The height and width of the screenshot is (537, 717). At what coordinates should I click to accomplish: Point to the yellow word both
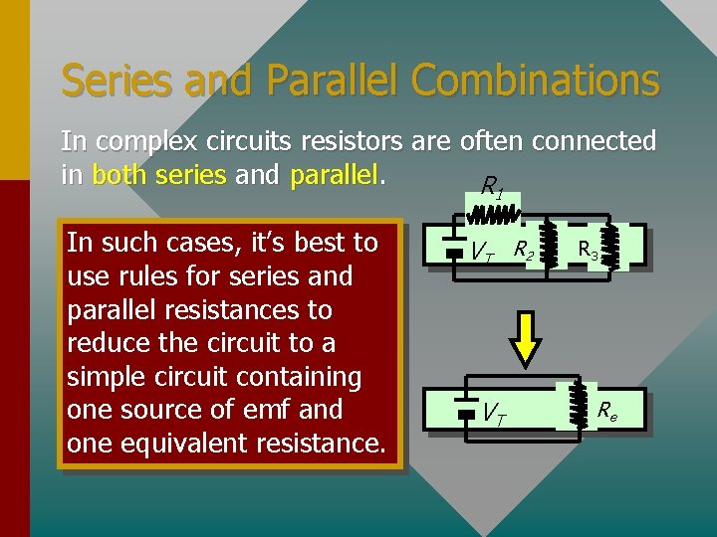click(x=118, y=176)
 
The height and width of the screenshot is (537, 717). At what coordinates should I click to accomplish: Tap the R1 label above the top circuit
click(x=492, y=186)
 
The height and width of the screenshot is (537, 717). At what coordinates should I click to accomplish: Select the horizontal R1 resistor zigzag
click(x=494, y=215)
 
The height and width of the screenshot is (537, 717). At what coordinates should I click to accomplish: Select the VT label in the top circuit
click(x=482, y=253)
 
